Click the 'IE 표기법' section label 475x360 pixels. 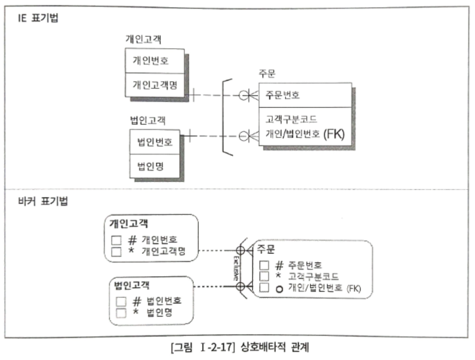(38, 18)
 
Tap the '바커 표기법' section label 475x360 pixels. (43, 201)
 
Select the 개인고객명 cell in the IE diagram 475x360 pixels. (155, 85)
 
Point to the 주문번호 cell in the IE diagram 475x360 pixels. (283, 95)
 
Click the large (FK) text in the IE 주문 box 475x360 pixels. (334, 134)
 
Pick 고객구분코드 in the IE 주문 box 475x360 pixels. (291, 119)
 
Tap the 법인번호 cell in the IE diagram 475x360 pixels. (155, 142)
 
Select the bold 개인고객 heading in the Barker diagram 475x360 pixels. (129, 223)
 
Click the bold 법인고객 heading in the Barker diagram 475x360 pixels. (132, 285)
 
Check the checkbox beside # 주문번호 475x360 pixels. (264, 265)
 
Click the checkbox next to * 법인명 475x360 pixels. (121, 313)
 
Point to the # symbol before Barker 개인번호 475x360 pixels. (132, 240)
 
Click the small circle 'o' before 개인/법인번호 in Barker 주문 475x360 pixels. (279, 289)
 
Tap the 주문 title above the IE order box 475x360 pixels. (267, 74)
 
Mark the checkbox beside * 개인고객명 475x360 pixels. (116, 251)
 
